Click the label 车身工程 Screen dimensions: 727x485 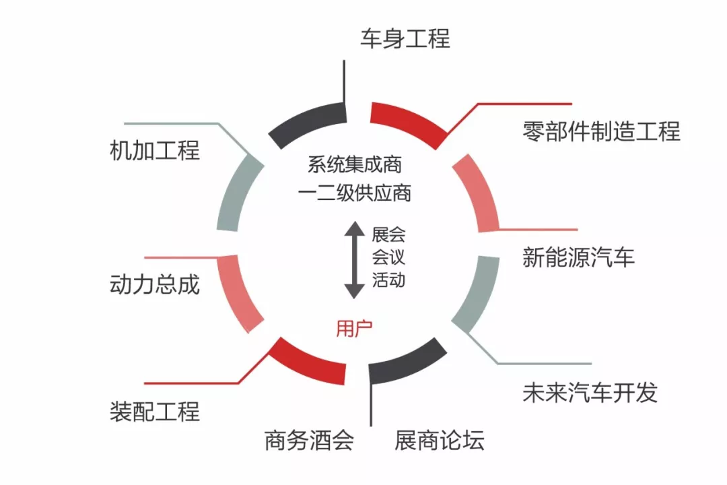405,38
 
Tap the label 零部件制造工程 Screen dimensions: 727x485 602,131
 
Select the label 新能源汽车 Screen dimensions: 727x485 579,257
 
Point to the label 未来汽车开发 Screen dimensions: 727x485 590,393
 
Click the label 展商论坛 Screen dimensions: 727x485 440,441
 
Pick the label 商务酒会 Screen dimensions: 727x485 309,441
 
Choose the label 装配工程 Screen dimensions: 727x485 155,411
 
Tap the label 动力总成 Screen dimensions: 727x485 155,284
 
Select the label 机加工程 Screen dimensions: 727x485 155,150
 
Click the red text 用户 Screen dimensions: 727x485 354,329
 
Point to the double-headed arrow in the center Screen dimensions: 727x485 354,260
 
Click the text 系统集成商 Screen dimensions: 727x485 355,165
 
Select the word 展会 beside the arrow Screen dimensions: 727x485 388,234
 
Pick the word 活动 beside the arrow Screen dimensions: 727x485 388,280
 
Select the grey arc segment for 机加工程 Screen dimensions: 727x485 238,191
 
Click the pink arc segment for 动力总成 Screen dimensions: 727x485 238,293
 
